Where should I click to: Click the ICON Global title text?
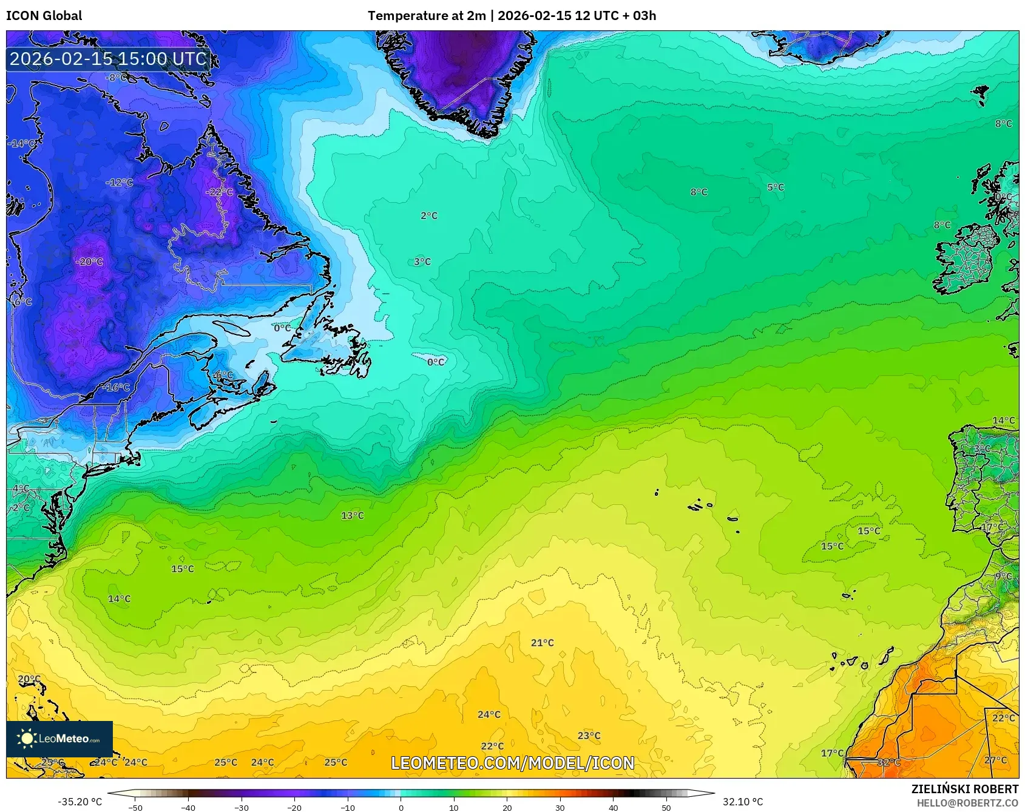coord(44,16)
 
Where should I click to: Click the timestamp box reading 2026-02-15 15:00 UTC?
coord(108,59)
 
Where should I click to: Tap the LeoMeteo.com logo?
coord(59,739)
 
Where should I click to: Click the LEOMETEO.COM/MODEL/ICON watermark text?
coord(512,763)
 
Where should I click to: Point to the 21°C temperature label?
coord(542,643)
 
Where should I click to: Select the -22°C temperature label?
coord(219,192)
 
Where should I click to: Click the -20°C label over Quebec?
coord(89,262)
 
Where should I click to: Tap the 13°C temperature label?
coord(352,516)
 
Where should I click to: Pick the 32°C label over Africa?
coord(888,762)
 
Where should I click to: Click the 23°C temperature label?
coord(589,736)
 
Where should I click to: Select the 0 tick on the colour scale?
coord(401,808)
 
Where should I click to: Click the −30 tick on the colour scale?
coord(242,808)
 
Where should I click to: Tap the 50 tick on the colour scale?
coord(666,808)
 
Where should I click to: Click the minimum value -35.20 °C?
coord(79,802)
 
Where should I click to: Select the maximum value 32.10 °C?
coord(742,802)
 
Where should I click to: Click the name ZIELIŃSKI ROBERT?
coord(964,789)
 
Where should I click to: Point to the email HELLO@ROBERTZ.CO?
coord(967,803)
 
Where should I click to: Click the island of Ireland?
coord(966,258)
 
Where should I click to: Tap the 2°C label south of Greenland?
coord(428,215)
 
